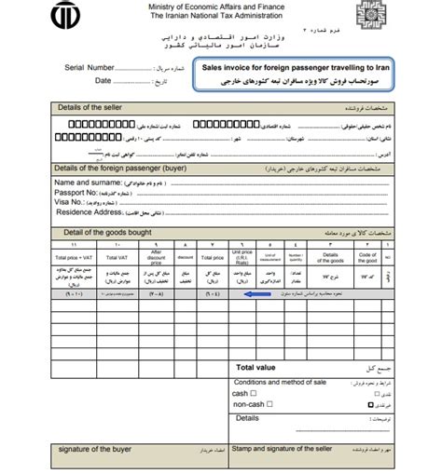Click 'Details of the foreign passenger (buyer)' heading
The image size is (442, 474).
click(x=104, y=168)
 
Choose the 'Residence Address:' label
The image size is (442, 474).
click(x=71, y=211)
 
